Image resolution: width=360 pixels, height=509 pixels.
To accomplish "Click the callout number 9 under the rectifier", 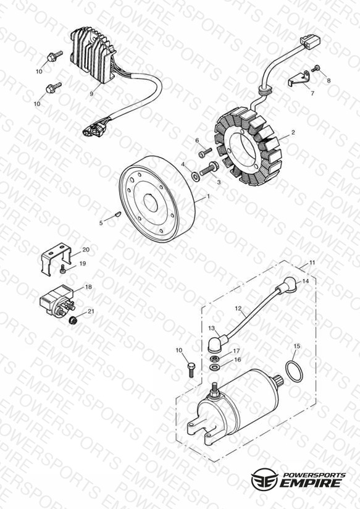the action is (x=91, y=93).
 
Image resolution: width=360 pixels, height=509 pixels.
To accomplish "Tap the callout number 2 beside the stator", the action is (x=293, y=132).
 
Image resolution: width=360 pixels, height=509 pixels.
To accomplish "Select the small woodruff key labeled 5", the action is (x=119, y=214).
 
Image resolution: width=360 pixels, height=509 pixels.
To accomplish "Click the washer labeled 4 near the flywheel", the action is (x=196, y=177).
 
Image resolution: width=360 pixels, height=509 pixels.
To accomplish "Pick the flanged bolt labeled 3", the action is (x=209, y=169).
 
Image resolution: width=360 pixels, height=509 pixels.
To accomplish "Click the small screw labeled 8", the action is (x=316, y=68).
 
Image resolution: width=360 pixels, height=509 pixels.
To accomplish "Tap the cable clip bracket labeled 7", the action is (x=299, y=79).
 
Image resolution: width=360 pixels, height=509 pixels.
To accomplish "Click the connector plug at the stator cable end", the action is (x=311, y=41).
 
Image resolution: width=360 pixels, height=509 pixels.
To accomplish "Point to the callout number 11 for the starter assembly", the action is (x=312, y=263).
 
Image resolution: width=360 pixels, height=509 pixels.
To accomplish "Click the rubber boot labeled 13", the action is (x=217, y=343).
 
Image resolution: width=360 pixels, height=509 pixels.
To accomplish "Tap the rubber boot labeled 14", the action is (x=286, y=285).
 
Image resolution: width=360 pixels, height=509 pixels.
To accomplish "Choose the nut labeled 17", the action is (x=214, y=359).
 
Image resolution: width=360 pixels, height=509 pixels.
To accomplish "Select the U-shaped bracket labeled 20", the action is (x=56, y=259).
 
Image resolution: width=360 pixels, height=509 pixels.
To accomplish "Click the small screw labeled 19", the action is (x=62, y=269).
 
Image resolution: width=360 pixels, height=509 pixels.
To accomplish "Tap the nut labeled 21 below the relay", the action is (x=73, y=320).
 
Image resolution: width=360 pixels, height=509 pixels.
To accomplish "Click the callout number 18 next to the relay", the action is (x=88, y=287).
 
